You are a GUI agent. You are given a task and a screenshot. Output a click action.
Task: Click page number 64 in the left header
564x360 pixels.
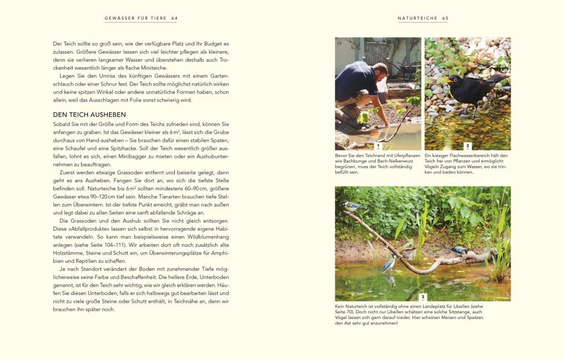[x=174, y=18]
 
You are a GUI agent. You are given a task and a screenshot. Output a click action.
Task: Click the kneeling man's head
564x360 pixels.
[x=380, y=71]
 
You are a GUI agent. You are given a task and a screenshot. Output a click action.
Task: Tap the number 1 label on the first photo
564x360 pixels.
[x=378, y=146]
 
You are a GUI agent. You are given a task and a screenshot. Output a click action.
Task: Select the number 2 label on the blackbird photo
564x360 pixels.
[x=467, y=146]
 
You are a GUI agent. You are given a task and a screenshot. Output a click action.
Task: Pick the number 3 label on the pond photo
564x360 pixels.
[x=423, y=297]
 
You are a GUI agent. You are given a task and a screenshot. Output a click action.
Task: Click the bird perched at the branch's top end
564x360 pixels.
[x=351, y=206]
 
